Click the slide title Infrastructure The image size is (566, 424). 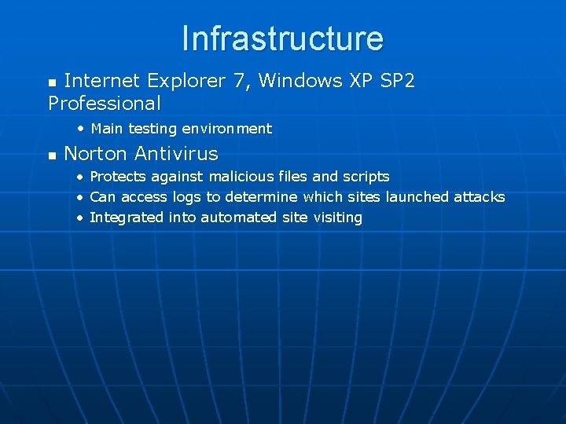pos(282,38)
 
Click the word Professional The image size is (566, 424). pos(105,103)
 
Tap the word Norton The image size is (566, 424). pos(95,153)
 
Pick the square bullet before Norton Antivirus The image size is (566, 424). pos(52,155)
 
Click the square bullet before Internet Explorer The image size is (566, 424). pos(52,82)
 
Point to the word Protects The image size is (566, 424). pos(118,177)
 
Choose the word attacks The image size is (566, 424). pos(479,197)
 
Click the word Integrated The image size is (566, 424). pos(127,217)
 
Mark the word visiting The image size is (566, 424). pos(336,217)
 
